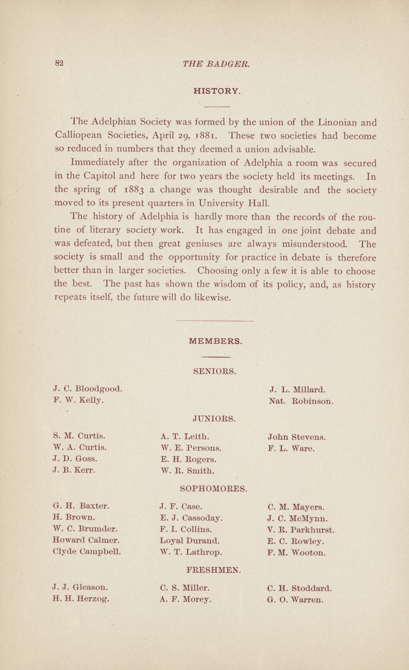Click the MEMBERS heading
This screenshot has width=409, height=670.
215,341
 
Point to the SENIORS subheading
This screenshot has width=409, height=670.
215,372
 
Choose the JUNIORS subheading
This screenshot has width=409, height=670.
214,418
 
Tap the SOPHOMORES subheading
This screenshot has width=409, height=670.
214,487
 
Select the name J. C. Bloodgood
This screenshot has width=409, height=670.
87,389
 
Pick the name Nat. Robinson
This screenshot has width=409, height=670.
301,402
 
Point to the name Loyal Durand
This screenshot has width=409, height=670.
190,540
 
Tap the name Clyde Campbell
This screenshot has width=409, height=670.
86,552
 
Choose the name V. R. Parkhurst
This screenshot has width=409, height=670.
301,529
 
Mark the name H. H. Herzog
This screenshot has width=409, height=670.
81,599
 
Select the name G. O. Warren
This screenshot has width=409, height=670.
295,600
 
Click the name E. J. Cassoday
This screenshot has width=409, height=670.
191,518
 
